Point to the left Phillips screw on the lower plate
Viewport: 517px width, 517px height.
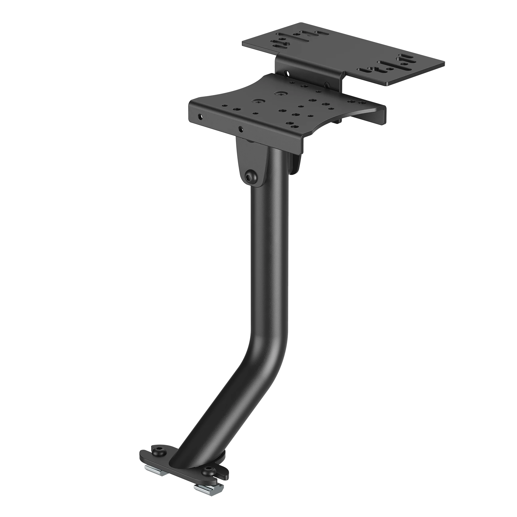coord(259,102)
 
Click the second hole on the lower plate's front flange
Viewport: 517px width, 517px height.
coord(241,129)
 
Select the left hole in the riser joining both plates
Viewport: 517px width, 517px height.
coord(287,73)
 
